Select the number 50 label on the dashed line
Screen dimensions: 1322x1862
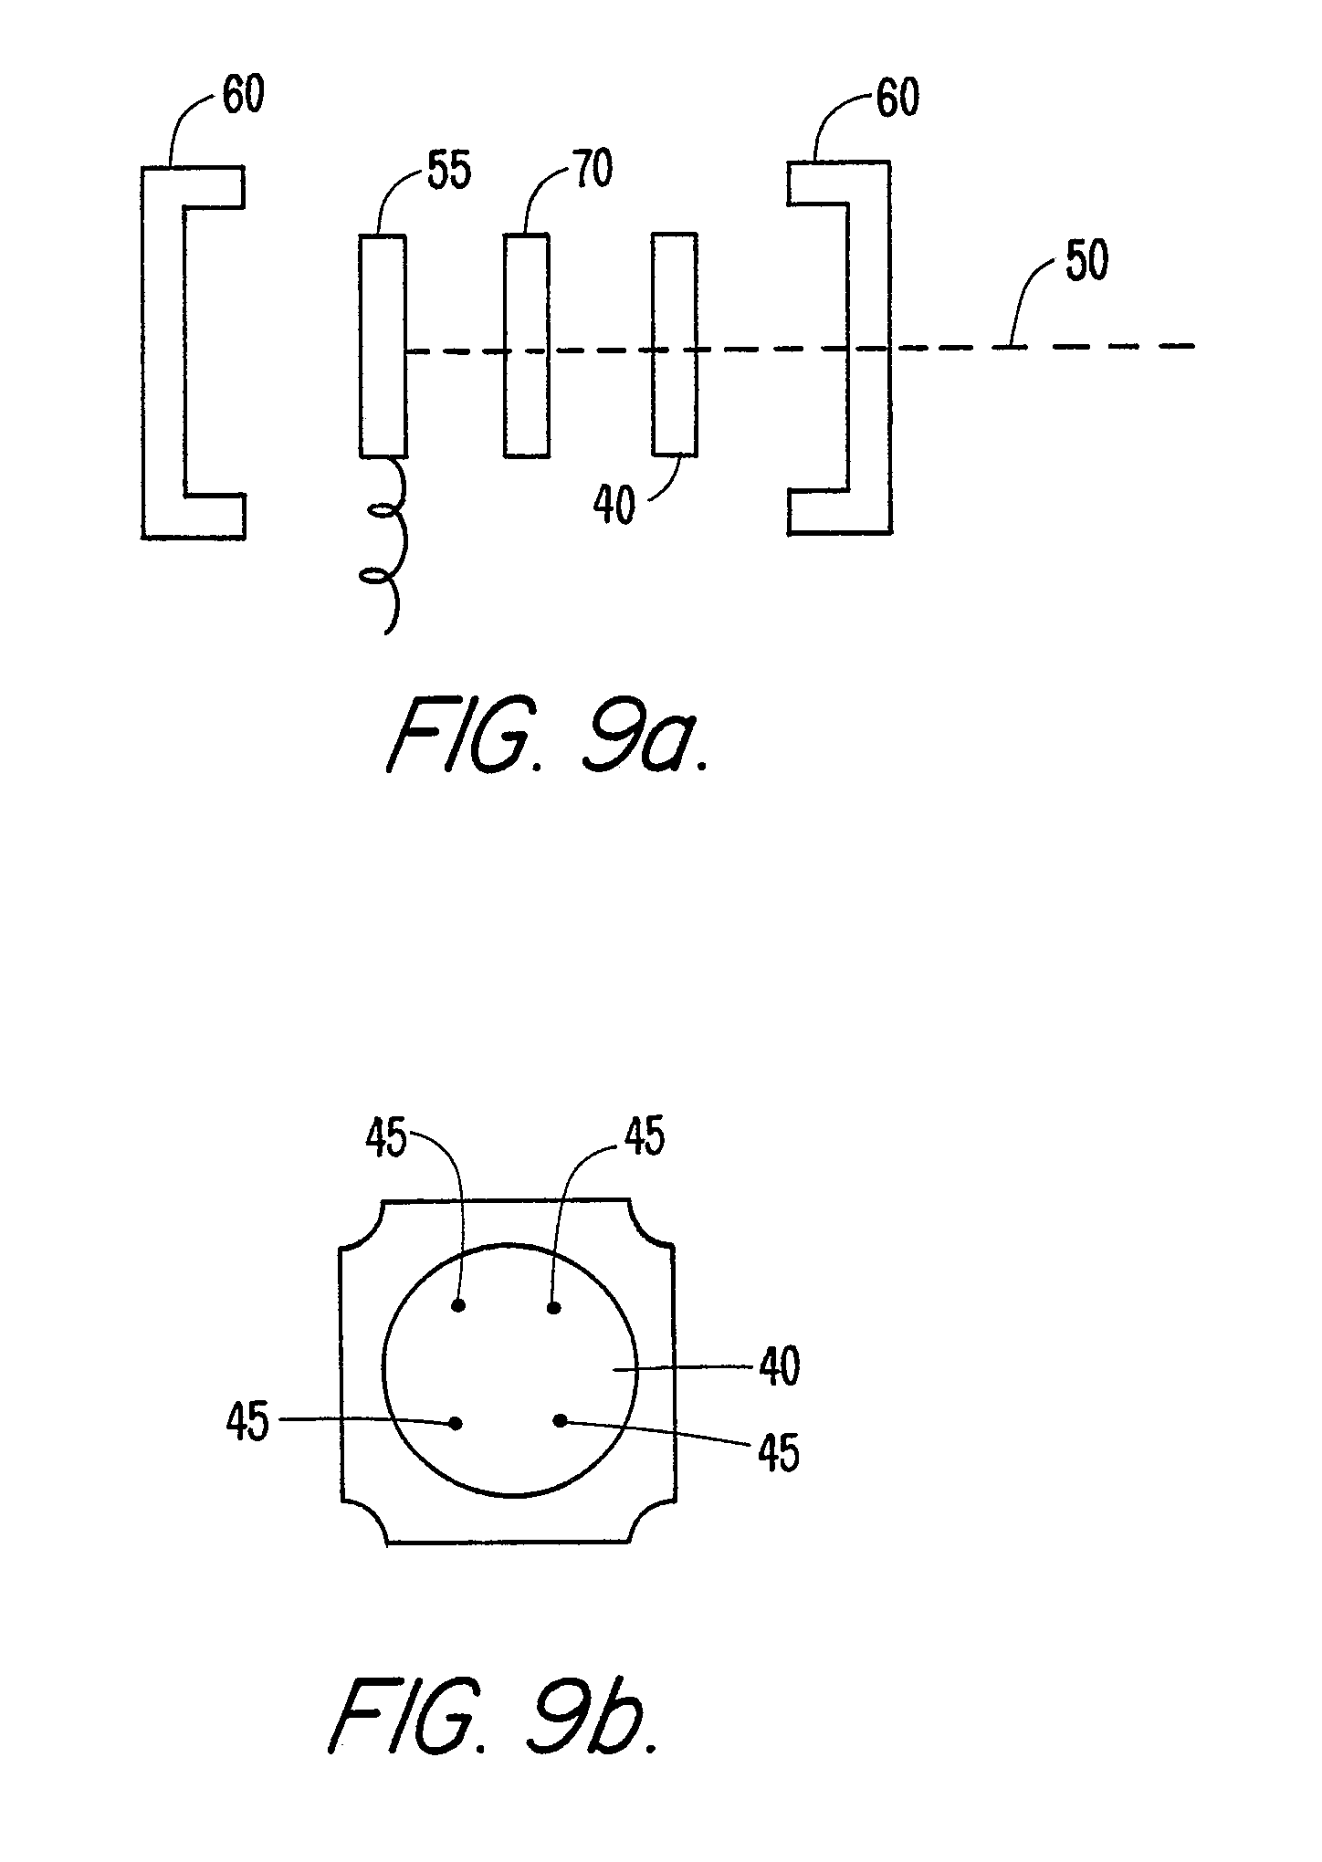coord(1085,261)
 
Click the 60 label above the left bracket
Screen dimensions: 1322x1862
coord(243,94)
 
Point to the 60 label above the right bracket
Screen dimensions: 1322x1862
coord(897,97)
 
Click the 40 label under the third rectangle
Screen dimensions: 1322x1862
coord(614,504)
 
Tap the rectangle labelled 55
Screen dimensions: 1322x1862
coord(383,346)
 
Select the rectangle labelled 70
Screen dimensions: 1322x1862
coord(527,345)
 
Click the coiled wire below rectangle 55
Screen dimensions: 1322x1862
coord(384,544)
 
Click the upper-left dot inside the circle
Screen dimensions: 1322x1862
coord(459,1306)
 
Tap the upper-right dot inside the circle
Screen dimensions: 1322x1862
coord(553,1308)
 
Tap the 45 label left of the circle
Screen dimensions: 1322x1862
coord(247,1448)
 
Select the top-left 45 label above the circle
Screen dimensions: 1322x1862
coord(386,1139)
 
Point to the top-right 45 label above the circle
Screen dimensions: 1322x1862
coord(644,1137)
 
